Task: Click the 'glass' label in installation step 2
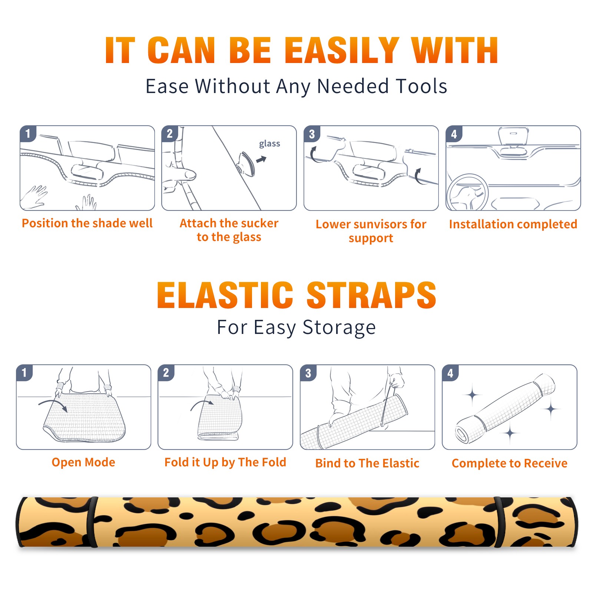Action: click(269, 143)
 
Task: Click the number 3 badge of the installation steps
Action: click(312, 134)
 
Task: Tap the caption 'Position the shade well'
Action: click(87, 223)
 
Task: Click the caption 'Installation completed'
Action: click(513, 224)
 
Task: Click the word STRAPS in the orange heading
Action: click(371, 295)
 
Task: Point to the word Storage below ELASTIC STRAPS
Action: click(339, 328)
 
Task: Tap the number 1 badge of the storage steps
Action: click(24, 372)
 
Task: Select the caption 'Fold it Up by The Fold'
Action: click(225, 462)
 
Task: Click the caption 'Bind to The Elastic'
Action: click(367, 463)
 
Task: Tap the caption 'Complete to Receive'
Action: click(510, 463)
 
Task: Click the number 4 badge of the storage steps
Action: click(450, 372)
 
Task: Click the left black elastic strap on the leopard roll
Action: click(92, 523)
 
